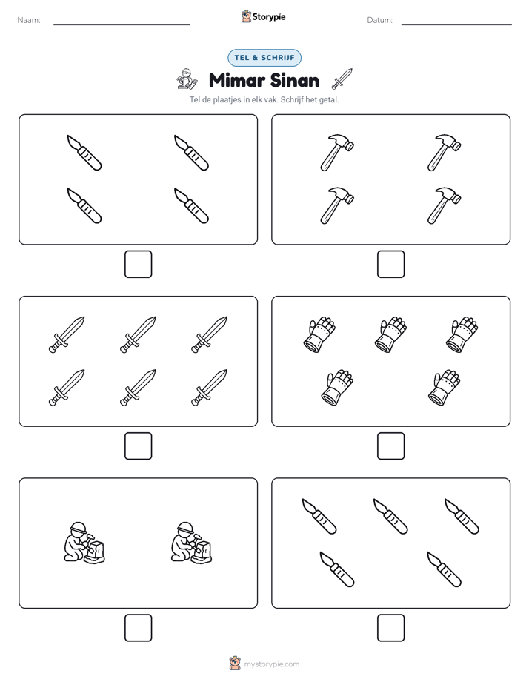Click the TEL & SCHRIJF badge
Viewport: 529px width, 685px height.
(x=264, y=58)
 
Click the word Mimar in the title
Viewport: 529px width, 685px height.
(x=237, y=80)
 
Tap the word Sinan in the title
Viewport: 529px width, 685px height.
(x=295, y=80)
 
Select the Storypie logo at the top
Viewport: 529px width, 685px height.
(x=263, y=16)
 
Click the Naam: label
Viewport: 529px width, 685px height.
(x=29, y=20)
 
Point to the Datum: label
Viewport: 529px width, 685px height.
(x=379, y=20)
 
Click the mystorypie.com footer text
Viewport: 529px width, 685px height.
(x=271, y=664)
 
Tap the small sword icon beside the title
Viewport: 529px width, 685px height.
(x=342, y=79)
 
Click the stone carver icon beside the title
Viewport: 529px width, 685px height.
(x=187, y=79)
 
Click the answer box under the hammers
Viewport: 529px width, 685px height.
(x=390, y=265)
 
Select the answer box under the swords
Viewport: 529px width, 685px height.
(x=139, y=446)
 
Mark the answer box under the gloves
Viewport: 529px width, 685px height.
(x=390, y=446)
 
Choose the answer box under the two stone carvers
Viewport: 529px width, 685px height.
(x=139, y=628)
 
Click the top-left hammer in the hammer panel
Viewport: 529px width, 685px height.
(x=337, y=153)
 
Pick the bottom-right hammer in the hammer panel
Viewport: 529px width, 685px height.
(x=444, y=206)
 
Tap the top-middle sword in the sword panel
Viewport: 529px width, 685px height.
(x=138, y=334)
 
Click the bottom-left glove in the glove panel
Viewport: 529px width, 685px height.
(x=337, y=388)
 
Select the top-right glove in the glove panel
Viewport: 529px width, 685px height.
(x=462, y=334)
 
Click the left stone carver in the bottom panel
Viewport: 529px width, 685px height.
(x=84, y=542)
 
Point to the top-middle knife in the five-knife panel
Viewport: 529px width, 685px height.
(x=390, y=517)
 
